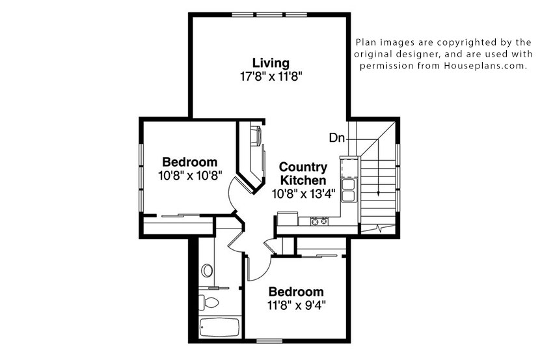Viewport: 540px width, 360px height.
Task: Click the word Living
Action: [x=271, y=63]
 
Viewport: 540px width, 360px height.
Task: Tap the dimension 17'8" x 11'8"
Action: [x=271, y=76]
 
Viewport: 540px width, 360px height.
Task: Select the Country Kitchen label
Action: [x=303, y=173]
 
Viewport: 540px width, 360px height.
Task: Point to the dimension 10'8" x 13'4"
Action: [x=303, y=193]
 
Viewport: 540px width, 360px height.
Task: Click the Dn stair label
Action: [x=337, y=138]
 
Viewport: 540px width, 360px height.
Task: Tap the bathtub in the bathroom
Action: [x=220, y=327]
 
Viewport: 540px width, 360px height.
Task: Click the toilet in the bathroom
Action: [x=209, y=303]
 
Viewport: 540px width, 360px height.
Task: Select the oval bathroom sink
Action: [x=207, y=270]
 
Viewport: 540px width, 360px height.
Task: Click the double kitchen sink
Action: [x=348, y=190]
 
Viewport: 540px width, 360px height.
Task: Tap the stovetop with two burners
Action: [x=319, y=221]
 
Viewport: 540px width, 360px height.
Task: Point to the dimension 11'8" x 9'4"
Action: [x=296, y=305]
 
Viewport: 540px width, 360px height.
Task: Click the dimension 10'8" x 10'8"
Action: [x=190, y=175]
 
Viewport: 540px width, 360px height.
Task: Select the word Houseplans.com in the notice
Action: [x=485, y=66]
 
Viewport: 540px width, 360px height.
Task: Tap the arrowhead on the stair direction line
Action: [x=379, y=193]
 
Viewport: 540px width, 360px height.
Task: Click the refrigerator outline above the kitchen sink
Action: [x=349, y=167]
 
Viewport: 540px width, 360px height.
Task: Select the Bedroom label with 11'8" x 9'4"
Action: [x=296, y=292]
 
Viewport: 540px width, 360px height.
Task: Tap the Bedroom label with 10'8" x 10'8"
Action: [x=190, y=162]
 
